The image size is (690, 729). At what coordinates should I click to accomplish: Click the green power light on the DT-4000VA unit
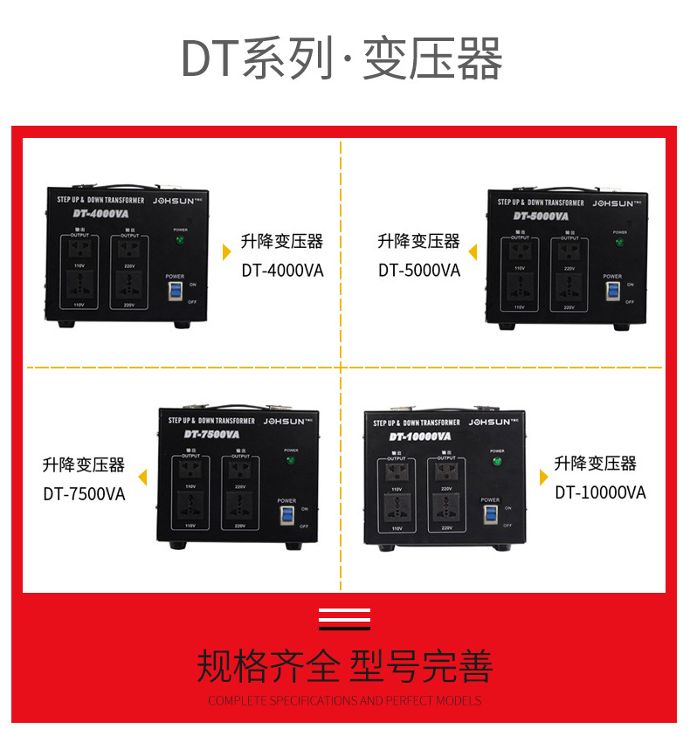click(181, 239)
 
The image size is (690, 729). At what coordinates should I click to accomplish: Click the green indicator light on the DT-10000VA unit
click(497, 462)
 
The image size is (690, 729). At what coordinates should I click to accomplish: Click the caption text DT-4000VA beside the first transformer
click(282, 271)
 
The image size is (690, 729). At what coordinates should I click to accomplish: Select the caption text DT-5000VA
click(418, 271)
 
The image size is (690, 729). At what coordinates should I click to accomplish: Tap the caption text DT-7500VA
click(84, 494)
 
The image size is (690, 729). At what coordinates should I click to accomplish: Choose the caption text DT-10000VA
click(600, 492)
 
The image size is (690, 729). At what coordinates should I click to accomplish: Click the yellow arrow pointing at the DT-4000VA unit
click(227, 252)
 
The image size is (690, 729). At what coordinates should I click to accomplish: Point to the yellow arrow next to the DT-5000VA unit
click(473, 252)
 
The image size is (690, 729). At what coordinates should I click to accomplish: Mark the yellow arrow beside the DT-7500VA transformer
click(141, 476)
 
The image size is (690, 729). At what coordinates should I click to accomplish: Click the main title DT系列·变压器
click(342, 60)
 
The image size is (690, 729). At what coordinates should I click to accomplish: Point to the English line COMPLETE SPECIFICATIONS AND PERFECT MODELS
click(344, 700)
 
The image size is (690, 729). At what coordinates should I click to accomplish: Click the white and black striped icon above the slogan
click(344, 618)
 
